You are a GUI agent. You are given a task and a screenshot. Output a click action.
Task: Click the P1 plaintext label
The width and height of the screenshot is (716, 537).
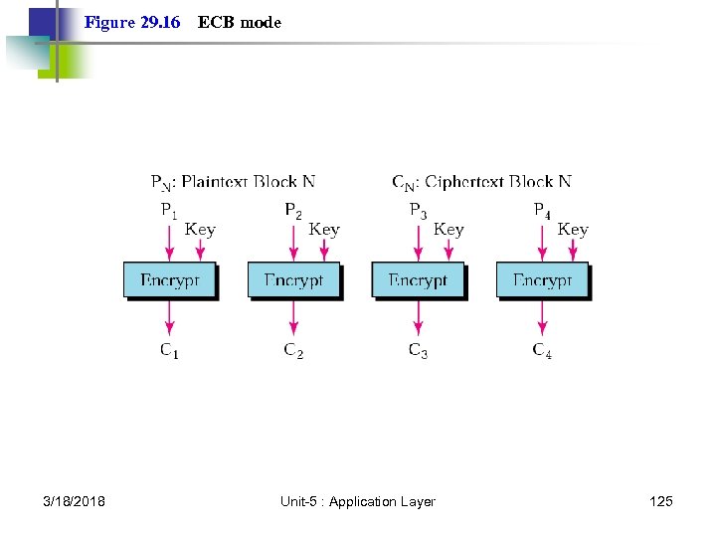point(169,211)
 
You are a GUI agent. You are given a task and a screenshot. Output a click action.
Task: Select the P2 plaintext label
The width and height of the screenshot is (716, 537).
point(293,211)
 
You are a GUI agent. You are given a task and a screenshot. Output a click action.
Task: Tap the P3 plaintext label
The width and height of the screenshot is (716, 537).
point(418,211)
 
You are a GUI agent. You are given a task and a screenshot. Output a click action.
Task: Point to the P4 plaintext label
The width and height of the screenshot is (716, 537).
point(542,211)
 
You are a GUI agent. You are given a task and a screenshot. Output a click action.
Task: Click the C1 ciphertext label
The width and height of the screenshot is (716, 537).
point(169,350)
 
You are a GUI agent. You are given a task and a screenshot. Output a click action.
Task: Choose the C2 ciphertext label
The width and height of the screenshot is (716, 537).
point(293,350)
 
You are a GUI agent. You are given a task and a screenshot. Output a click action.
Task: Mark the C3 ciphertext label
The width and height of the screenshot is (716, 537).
point(418,350)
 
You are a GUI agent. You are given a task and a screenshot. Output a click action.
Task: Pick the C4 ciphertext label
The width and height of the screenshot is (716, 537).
point(542,350)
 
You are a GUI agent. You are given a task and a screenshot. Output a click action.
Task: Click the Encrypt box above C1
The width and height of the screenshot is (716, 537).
point(169,280)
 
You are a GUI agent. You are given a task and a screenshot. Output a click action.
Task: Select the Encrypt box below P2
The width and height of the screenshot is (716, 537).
point(293,280)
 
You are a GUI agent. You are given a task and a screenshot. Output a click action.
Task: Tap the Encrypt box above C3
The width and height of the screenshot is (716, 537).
point(418,280)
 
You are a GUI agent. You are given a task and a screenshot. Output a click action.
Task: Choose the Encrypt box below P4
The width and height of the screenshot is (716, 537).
point(542,280)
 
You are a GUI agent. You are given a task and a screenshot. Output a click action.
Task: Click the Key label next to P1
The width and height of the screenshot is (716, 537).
point(200,230)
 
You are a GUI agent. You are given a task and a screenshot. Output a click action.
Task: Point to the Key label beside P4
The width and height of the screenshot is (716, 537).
point(573,230)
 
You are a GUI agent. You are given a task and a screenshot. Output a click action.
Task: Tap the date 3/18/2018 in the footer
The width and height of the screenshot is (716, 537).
point(75,501)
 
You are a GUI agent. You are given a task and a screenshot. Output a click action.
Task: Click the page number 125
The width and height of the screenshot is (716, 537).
point(660,501)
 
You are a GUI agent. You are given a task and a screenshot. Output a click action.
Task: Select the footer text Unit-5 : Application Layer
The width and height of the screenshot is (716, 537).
point(358,501)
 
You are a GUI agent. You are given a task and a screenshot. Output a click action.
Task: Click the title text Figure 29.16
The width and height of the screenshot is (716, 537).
point(132,22)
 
